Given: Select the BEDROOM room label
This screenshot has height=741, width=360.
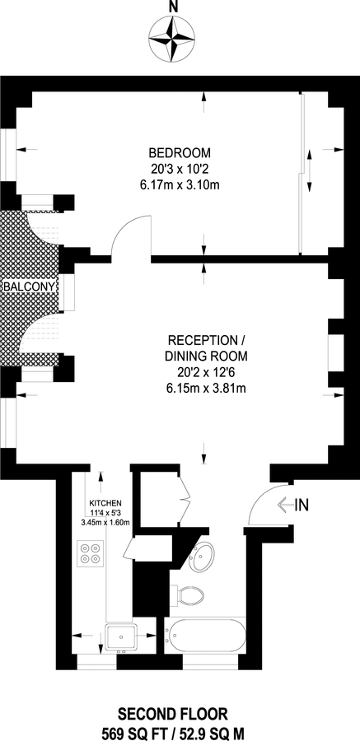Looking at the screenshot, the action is pyautogui.click(x=180, y=153).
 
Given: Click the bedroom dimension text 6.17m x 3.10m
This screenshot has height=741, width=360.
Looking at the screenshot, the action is pyautogui.click(x=180, y=185).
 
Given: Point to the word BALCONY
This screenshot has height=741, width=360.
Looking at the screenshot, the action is pyautogui.click(x=30, y=287).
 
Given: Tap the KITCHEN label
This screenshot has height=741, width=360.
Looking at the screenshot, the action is pyautogui.click(x=105, y=503).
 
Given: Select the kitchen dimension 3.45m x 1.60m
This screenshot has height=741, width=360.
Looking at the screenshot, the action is pyautogui.click(x=105, y=522).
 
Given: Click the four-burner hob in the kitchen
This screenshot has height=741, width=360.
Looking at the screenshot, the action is pyautogui.click(x=91, y=553).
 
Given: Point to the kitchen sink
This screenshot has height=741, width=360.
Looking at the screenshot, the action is pyautogui.click(x=123, y=637).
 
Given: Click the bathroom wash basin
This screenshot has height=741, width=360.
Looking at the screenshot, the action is pyautogui.click(x=201, y=557).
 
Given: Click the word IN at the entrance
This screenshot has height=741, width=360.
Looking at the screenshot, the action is pyautogui.click(x=302, y=506).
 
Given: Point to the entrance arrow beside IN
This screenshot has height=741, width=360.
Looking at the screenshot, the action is pyautogui.click(x=285, y=506).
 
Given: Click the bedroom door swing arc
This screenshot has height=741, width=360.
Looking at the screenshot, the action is pyautogui.click(x=124, y=227).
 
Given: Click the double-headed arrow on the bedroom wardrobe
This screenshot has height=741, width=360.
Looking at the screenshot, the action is pyautogui.click(x=310, y=171).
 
